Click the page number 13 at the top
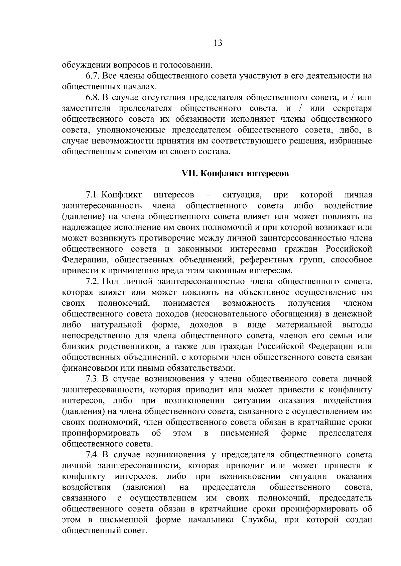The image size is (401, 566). point(217,43)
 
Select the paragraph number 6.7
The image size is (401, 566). point(92,76)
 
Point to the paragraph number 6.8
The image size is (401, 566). point(92,98)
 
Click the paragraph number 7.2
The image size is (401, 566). point(92,282)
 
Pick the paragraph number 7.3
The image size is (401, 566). point(92,379)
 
